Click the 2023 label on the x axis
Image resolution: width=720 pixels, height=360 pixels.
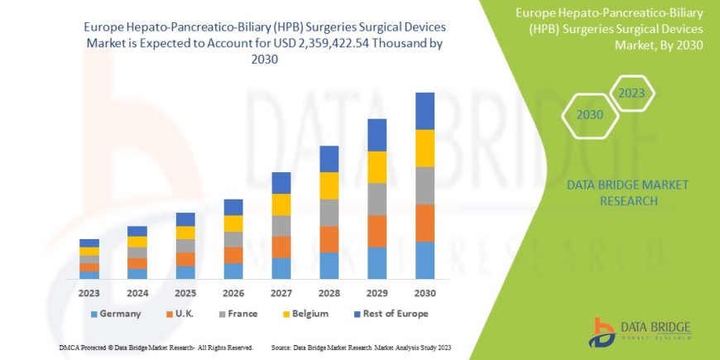tap(89, 293)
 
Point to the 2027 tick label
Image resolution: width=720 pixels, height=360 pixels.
tap(281, 293)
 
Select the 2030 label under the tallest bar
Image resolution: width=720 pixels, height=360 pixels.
tap(425, 293)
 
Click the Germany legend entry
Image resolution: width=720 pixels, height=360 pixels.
tap(115, 314)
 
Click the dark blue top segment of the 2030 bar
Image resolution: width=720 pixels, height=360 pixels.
tap(425, 111)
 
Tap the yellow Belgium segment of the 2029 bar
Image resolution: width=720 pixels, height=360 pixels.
tap(377, 167)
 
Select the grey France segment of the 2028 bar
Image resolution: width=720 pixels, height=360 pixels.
tap(329, 213)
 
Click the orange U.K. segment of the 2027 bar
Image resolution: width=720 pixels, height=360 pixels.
tap(281, 247)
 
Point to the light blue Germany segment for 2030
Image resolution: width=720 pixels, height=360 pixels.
tap(425, 260)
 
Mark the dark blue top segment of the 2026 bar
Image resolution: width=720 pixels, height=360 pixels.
tap(233, 207)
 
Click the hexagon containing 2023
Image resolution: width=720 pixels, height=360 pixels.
tap(632, 93)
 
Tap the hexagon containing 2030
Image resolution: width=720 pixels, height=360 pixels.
tap(589, 115)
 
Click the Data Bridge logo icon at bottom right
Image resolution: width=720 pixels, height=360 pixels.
tap(602, 331)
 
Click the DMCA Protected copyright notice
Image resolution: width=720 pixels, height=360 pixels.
tap(156, 347)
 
